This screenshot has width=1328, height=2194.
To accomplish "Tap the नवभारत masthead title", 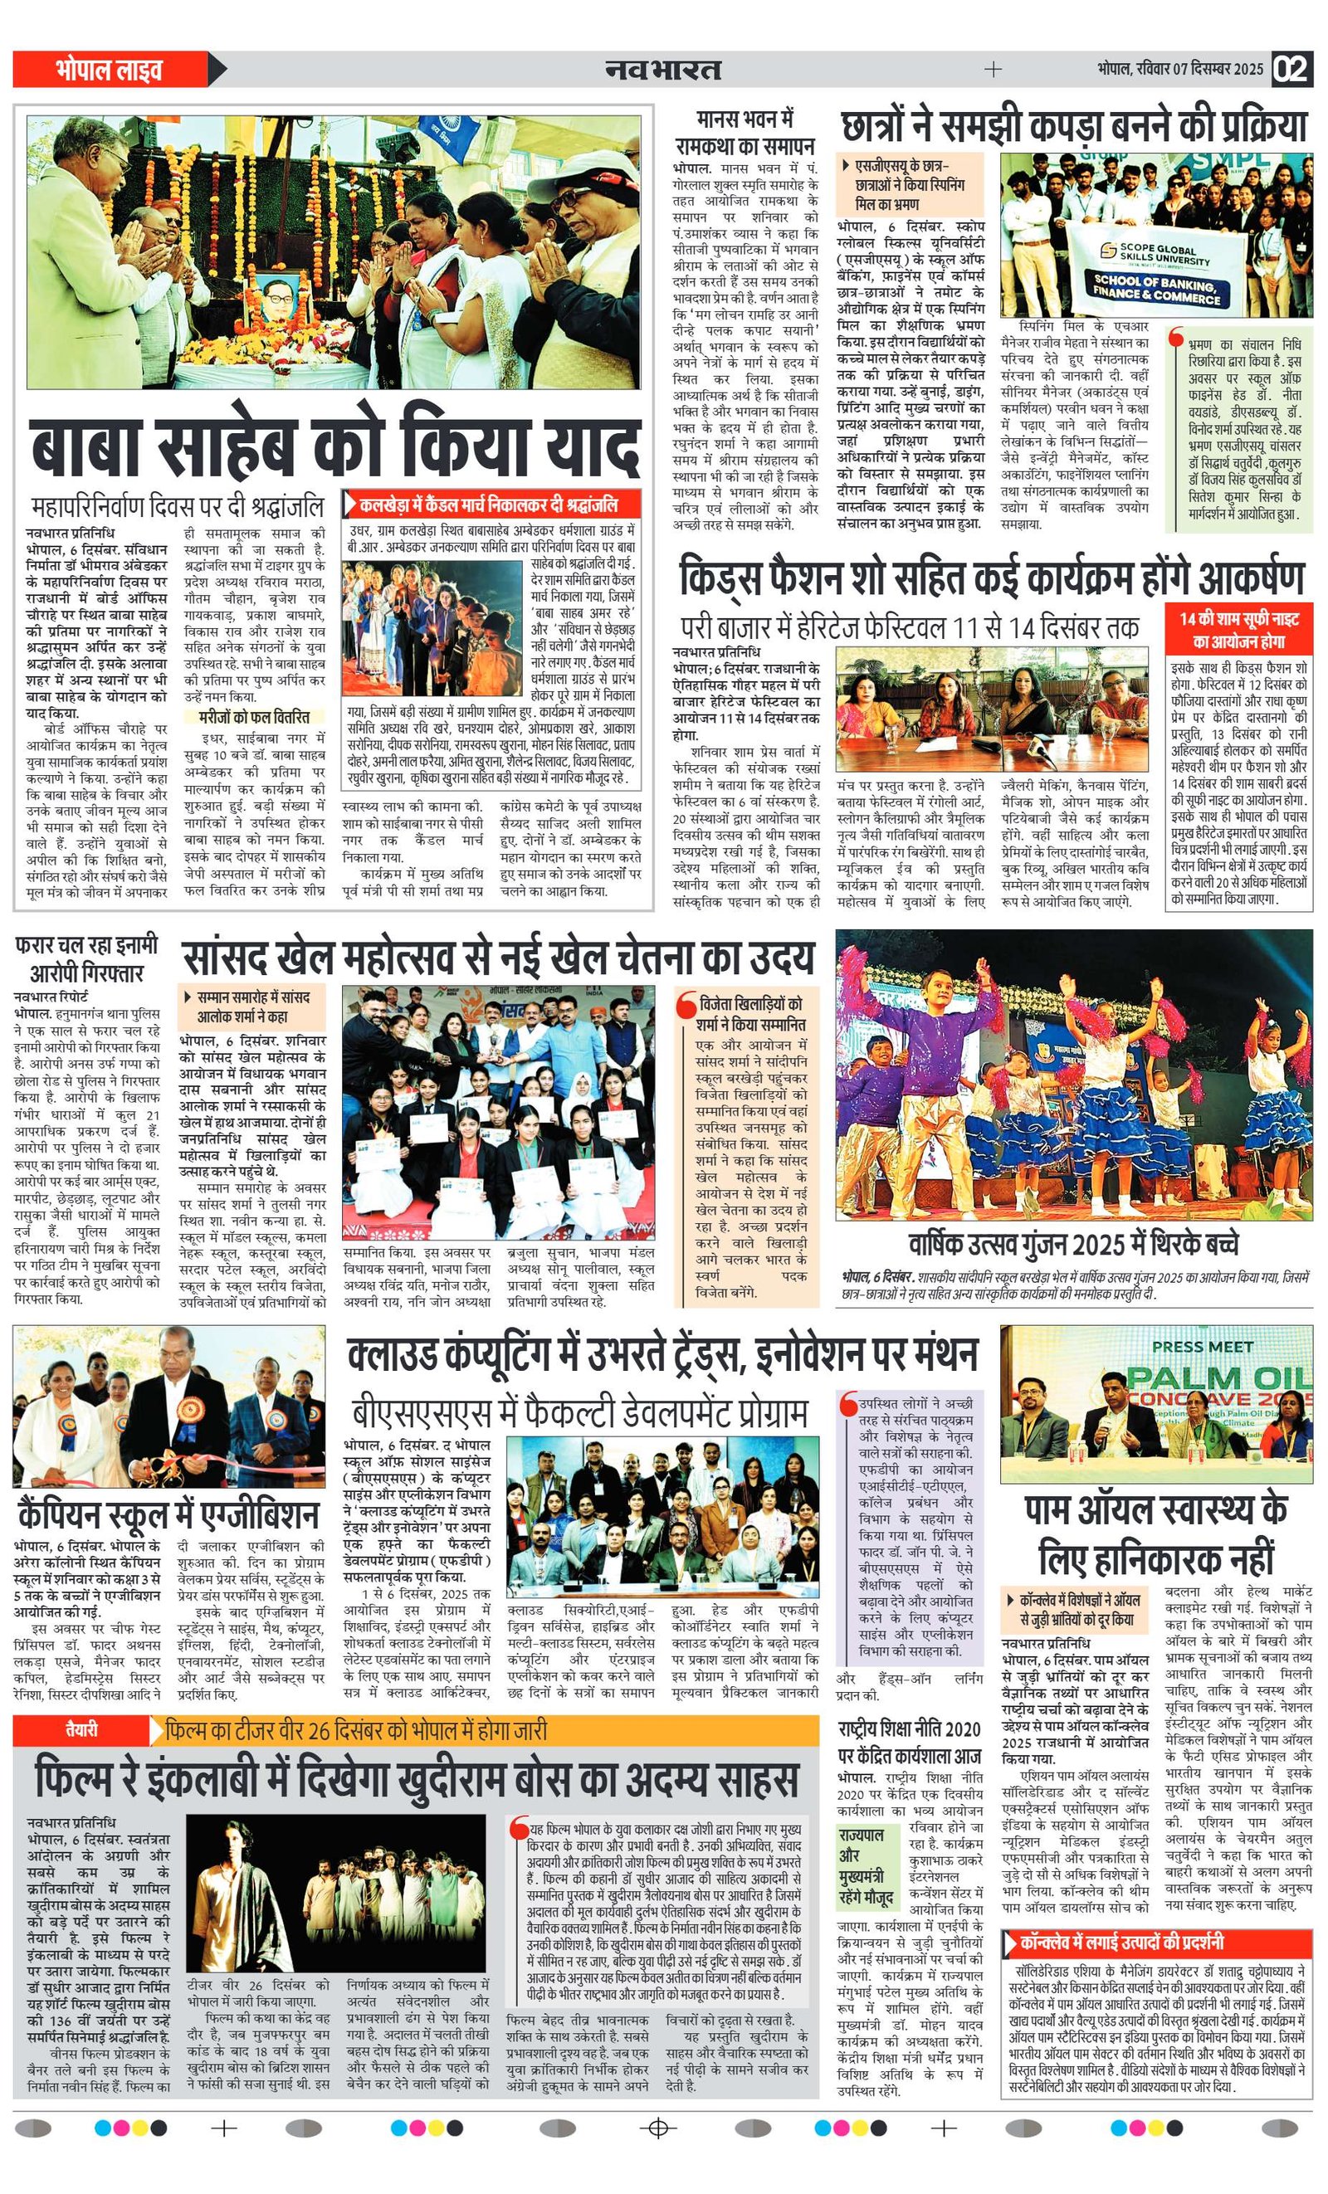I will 662,69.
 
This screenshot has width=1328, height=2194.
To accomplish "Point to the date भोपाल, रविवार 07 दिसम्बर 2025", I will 1179,70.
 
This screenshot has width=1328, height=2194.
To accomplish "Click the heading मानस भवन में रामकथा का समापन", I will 745,132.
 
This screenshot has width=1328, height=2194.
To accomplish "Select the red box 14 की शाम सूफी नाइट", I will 1239,629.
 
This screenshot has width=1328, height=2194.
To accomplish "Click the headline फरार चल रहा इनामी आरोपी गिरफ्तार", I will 87,958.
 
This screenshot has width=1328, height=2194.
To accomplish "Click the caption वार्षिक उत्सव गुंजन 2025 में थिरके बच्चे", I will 1073,1243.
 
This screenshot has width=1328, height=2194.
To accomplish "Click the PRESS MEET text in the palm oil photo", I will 1202,1346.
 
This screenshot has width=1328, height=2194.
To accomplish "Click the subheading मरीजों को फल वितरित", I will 254,717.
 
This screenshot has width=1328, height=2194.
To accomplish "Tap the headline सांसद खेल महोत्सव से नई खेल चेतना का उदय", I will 498,958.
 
